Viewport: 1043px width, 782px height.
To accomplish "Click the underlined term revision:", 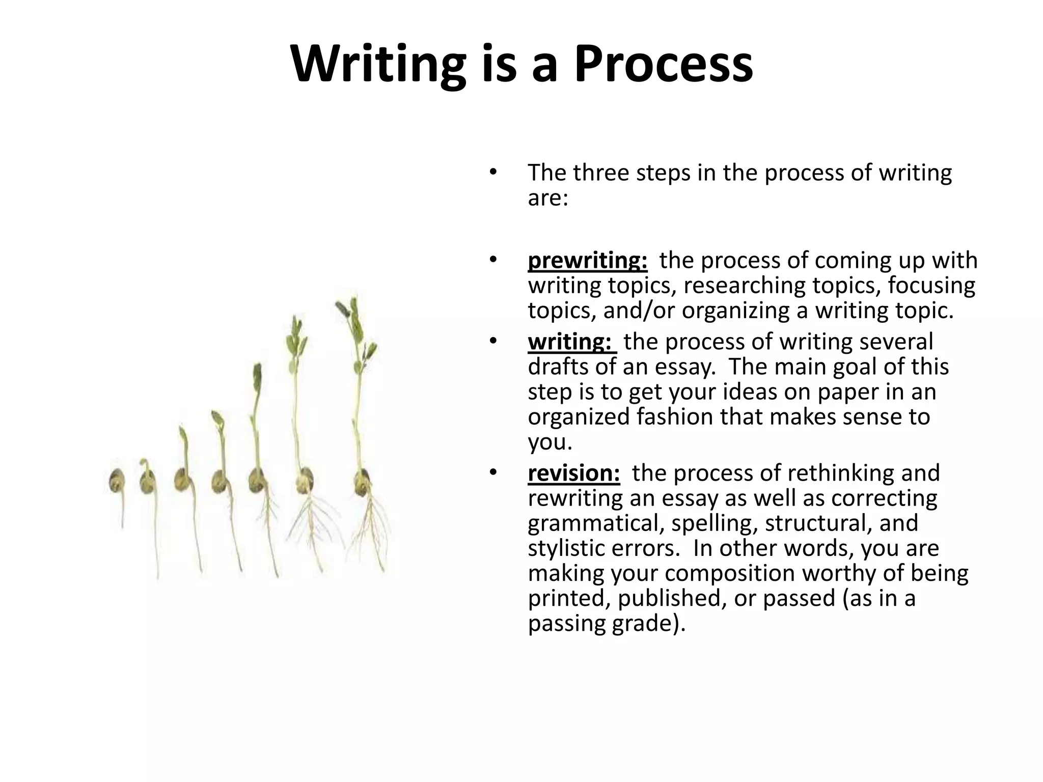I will click(574, 473).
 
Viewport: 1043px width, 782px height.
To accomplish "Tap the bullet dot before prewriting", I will click(492, 260).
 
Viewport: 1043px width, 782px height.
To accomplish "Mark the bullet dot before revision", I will click(492, 472).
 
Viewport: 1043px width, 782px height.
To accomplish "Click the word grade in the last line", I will click(641, 623).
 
